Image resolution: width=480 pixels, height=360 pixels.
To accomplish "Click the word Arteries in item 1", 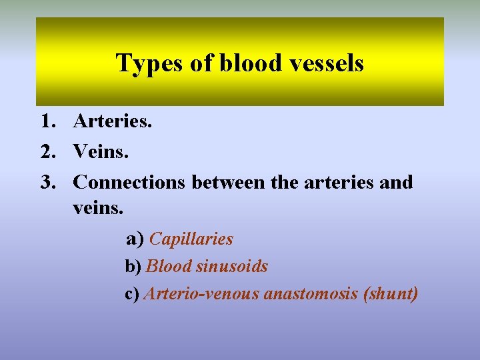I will point(113,122).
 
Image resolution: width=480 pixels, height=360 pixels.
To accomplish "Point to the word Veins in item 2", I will point(101,152).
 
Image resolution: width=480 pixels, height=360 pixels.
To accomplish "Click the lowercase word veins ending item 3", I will point(98,208).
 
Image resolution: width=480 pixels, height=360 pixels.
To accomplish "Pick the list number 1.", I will point(47,122).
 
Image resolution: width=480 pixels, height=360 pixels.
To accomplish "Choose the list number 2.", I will point(47,152).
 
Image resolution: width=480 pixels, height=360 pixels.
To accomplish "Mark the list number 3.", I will point(47,182).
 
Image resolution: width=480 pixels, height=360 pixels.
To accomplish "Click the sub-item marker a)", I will point(135,239).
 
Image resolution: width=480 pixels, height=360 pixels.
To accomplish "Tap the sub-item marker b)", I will point(133,267).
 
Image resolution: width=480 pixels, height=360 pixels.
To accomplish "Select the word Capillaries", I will point(191,239).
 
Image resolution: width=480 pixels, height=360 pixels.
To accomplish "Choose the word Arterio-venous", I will point(201,294).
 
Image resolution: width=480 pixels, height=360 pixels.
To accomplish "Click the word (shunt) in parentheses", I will point(390,294).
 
